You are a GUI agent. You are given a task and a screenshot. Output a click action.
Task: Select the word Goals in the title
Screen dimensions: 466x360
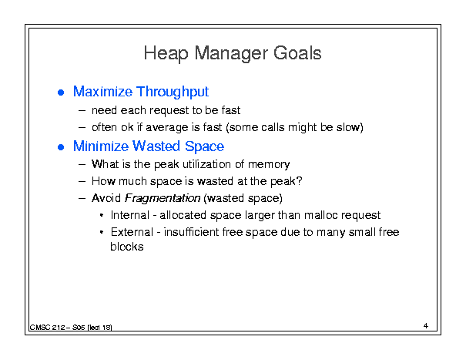coord(297,53)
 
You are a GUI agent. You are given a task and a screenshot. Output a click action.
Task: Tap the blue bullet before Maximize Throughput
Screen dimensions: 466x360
coord(61,93)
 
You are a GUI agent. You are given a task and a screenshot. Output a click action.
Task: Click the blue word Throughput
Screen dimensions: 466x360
coord(173,92)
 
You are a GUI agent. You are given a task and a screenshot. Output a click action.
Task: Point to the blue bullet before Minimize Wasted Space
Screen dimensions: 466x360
coord(61,147)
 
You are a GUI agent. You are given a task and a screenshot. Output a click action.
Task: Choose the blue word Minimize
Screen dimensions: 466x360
coord(101,146)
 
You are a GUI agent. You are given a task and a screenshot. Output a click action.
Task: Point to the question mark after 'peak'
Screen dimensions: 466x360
coord(299,180)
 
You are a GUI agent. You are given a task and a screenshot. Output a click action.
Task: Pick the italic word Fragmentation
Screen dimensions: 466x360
coord(163,198)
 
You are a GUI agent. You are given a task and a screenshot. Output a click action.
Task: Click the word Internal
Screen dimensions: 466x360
coord(130,215)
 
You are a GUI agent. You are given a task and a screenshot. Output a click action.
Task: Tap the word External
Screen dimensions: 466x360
coord(132,232)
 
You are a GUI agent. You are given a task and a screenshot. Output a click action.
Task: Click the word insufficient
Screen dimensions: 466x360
coord(191,232)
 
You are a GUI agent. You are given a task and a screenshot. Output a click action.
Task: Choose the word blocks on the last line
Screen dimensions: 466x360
coord(127,247)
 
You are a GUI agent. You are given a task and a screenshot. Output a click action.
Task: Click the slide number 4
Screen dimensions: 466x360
coord(426,325)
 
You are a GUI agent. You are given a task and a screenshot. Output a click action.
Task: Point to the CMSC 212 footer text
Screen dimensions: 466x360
coord(71,328)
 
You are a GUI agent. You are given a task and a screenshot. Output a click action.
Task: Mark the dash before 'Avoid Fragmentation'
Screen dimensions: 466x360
coord(82,198)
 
